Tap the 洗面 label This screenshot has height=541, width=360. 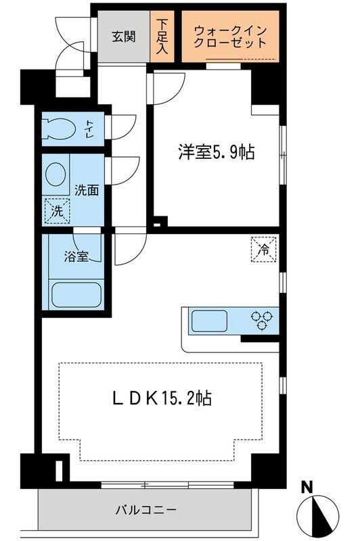point(87,190)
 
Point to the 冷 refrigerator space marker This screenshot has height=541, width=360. point(264,248)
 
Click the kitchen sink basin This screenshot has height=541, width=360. point(211,319)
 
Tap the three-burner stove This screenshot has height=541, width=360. point(262,319)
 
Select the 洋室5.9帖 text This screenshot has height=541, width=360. point(216,153)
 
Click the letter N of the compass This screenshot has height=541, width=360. point(307,486)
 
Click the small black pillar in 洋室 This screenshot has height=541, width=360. point(158,220)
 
